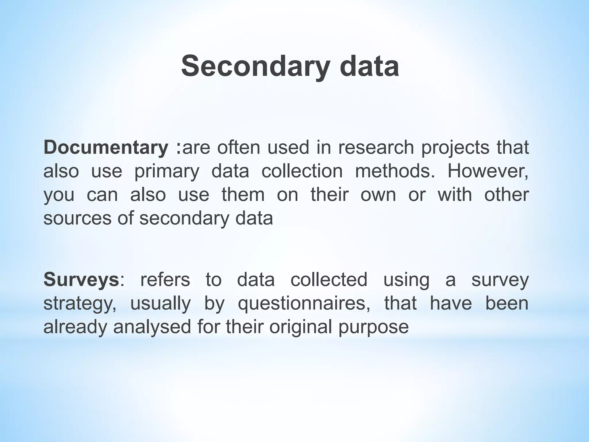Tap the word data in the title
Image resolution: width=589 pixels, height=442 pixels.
pos(369,67)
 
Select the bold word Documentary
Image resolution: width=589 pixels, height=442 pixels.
pos(106,148)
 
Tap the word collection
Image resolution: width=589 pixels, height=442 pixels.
pos(302,171)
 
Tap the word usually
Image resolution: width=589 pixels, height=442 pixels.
pos(160,304)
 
